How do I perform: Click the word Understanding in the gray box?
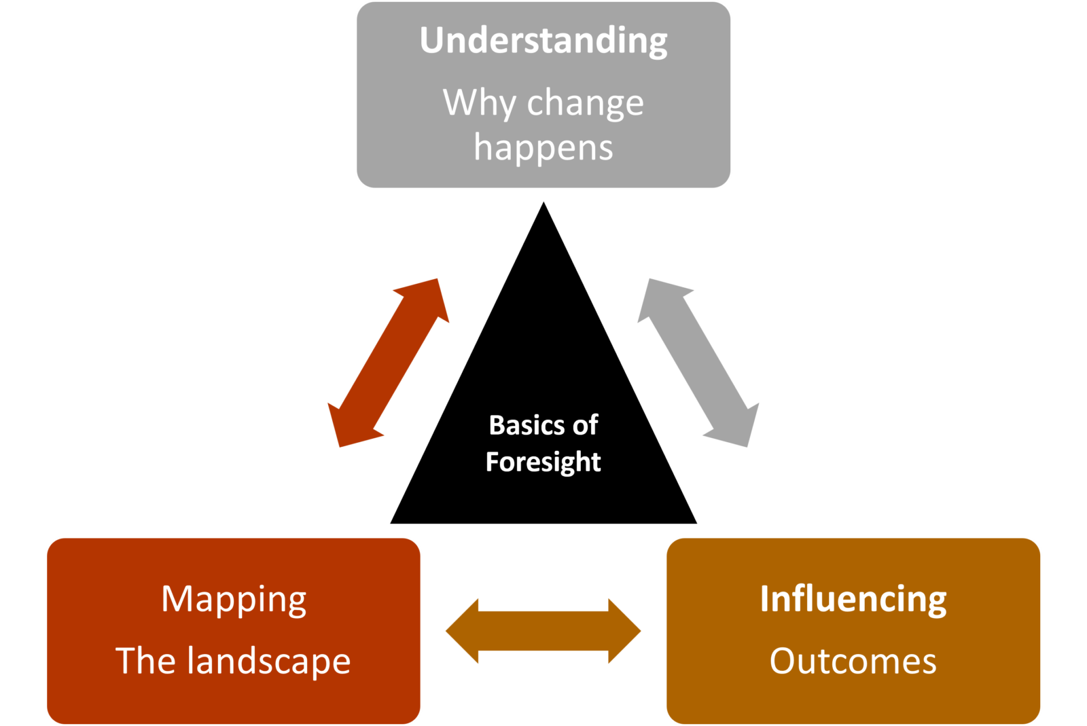point(543,41)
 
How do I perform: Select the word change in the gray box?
point(585,103)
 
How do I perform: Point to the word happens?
point(543,148)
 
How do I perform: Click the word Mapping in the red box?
point(234,600)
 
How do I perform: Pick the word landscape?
point(269,661)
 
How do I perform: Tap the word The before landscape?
point(147,661)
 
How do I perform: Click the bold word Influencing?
point(853,599)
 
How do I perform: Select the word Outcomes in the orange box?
point(853,661)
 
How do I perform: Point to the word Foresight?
point(543,462)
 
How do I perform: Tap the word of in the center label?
point(585,425)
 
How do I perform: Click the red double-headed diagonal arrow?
point(389,363)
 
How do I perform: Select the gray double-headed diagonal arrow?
point(698,363)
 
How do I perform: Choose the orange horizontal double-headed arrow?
point(543,631)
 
